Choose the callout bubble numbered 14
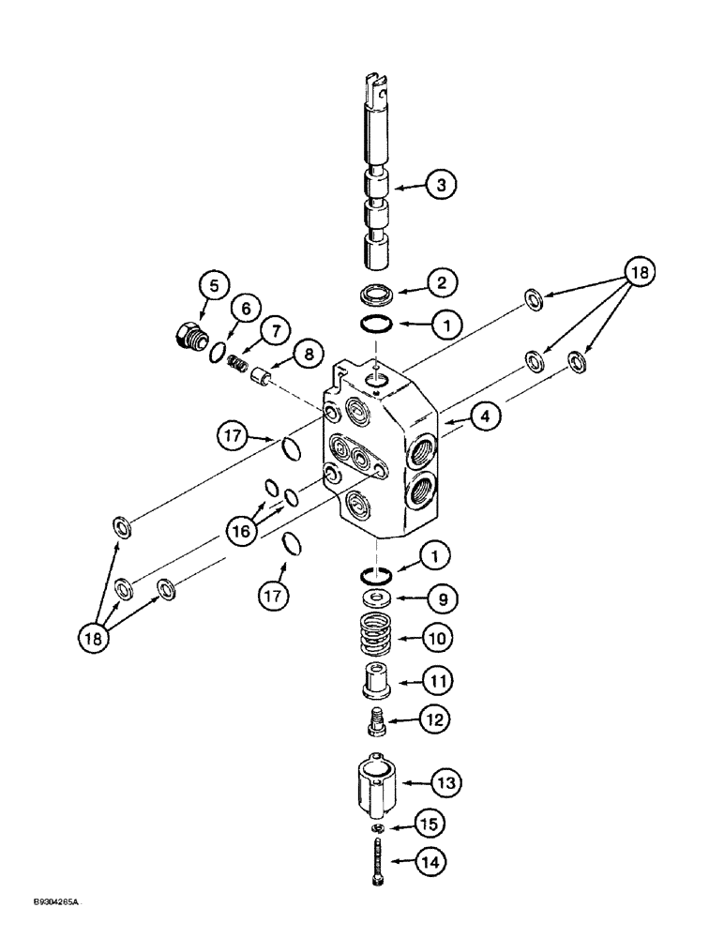click(x=434, y=860)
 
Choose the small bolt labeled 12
click(x=377, y=722)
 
